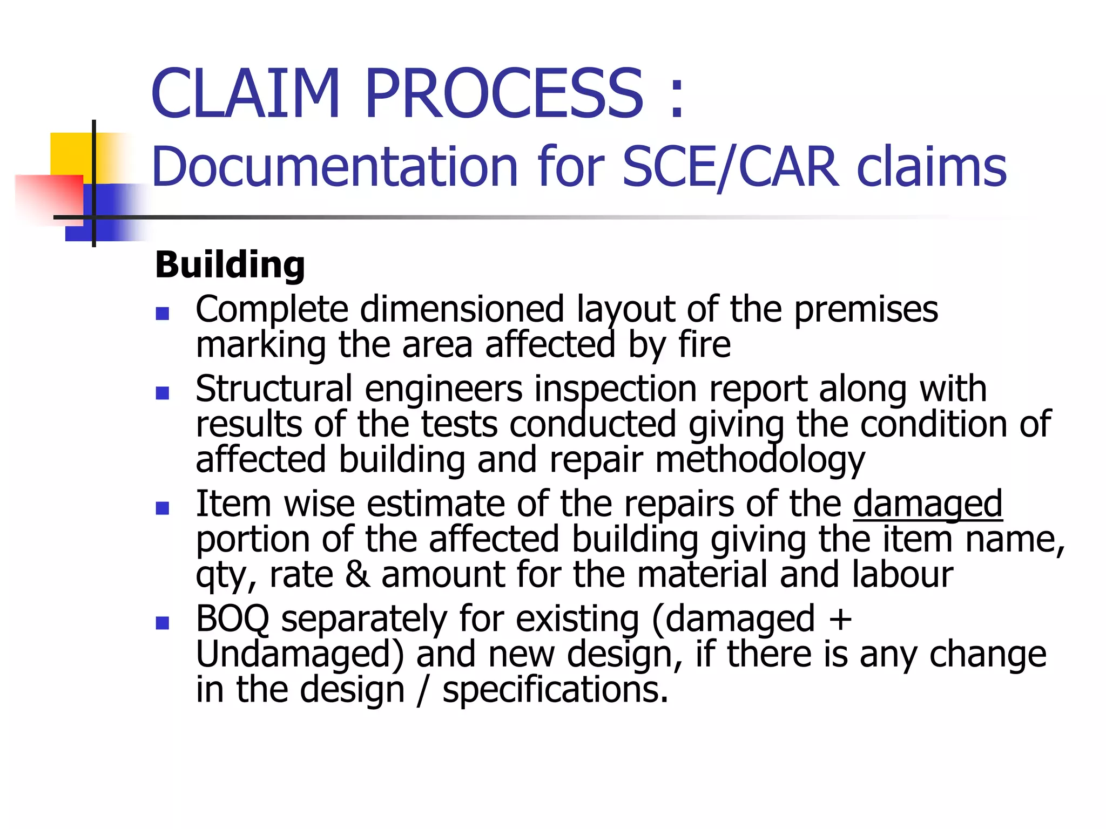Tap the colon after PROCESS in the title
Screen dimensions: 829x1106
676,97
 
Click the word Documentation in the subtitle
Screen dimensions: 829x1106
335,167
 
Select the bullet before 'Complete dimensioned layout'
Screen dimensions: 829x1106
163,314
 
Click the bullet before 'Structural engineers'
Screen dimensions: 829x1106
163,393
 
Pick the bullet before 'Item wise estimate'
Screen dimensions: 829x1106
163,508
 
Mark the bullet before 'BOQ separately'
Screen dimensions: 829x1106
163,623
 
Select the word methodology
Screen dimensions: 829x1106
760,460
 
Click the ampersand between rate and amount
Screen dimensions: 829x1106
357,574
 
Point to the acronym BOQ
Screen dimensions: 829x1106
232,619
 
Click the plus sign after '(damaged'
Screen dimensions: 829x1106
840,619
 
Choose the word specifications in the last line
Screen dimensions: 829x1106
555,690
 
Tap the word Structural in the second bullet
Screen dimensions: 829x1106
274,389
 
